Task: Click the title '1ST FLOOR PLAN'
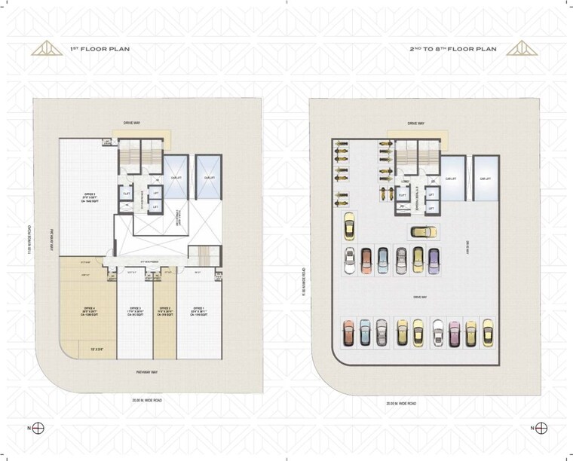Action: pyautogui.click(x=100, y=49)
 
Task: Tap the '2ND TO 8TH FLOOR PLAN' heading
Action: pyautogui.click(x=452, y=49)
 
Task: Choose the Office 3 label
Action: pyautogui.click(x=135, y=311)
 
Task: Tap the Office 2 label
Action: pyautogui.click(x=165, y=311)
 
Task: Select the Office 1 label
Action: pyautogui.click(x=200, y=311)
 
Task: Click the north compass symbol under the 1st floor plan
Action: pyautogui.click(x=38, y=428)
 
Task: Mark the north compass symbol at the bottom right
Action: pyautogui.click(x=541, y=428)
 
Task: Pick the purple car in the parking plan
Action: pyautogui.click(x=434, y=260)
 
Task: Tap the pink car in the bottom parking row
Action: pyautogui.click(x=455, y=332)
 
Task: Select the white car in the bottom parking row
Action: pyautogui.click(x=438, y=332)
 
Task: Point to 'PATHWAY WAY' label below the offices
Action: pyautogui.click(x=146, y=373)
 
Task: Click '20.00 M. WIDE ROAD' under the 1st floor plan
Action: pyautogui.click(x=147, y=400)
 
